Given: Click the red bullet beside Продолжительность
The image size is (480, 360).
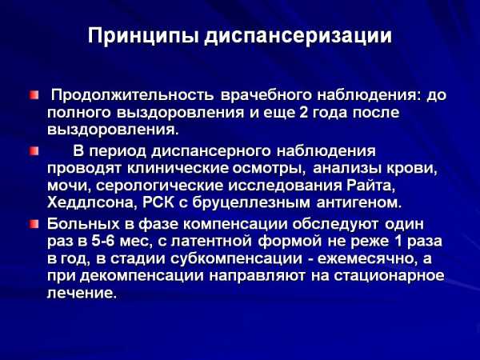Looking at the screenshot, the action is point(34,95).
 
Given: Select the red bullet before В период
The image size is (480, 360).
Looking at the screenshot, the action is point(34,151).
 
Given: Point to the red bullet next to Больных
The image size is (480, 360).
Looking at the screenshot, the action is point(34,224).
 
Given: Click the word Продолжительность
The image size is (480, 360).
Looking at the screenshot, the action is point(132,95).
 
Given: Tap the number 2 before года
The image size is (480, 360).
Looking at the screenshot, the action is point(303,113).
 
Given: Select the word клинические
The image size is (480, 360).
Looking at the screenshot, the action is point(178,169).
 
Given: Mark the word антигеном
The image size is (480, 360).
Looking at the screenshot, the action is point(359,203).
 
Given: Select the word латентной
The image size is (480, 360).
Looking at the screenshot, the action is point(211,242).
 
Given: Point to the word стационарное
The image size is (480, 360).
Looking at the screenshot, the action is point(389,276).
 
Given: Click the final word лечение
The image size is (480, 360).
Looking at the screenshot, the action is point(82,294).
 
